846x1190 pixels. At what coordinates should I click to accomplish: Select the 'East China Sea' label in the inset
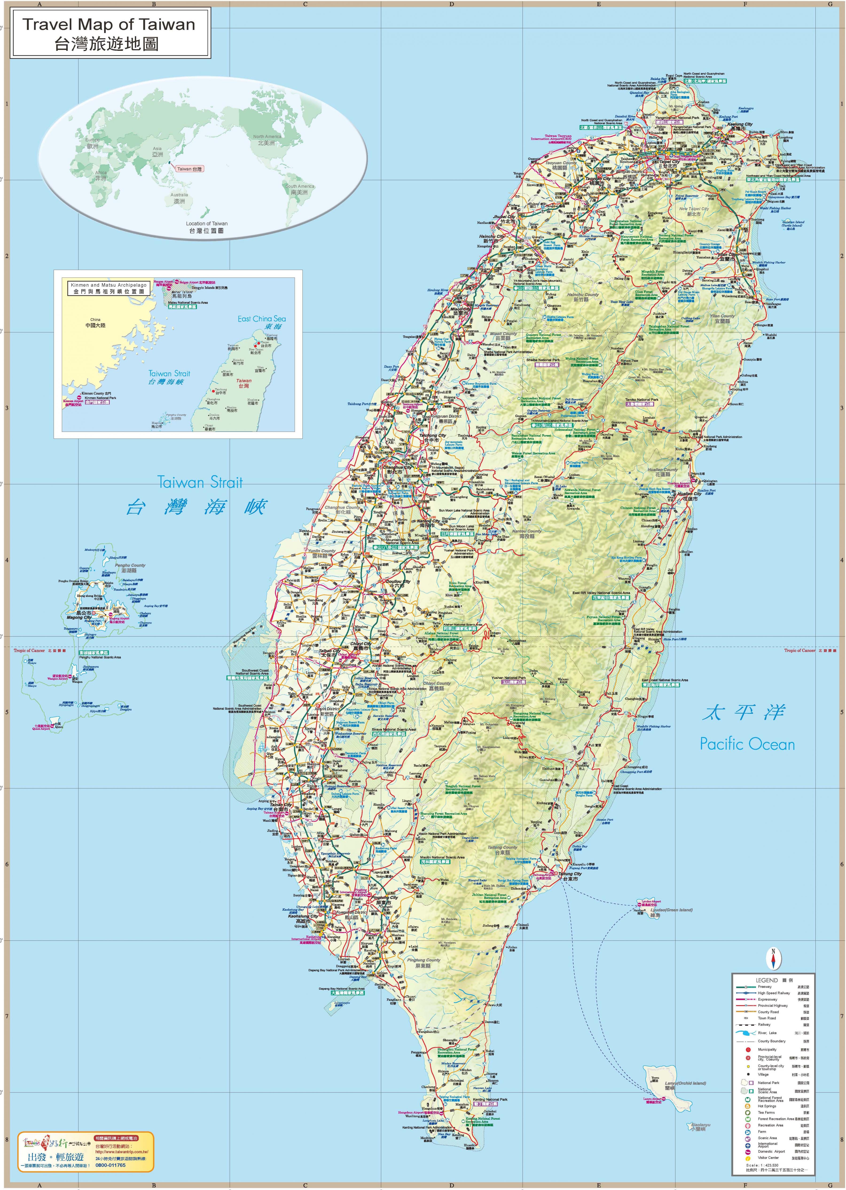point(262,318)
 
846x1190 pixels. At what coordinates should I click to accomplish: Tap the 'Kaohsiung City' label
point(303,916)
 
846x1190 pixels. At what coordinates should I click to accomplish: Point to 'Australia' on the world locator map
point(179,195)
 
